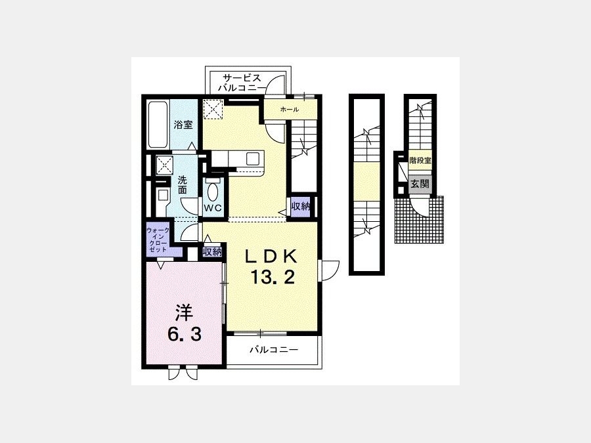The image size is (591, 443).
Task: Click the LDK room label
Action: [x=271, y=257]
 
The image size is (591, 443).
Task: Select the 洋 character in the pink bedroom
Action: [x=184, y=312]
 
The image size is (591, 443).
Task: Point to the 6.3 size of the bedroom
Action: [x=185, y=334]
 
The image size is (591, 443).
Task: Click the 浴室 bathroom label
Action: [x=184, y=125]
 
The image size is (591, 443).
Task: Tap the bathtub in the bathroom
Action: [x=158, y=124]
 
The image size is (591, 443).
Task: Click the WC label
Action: [x=213, y=208]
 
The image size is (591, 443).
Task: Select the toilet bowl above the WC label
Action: [x=213, y=192]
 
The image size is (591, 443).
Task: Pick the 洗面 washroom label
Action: [x=183, y=184]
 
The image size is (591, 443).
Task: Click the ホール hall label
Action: [x=290, y=110]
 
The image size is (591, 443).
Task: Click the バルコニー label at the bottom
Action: [x=274, y=350]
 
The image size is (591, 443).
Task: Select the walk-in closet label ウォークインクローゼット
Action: [x=158, y=240]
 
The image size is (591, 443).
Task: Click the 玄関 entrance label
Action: [x=420, y=184]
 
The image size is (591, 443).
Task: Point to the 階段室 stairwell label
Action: [x=420, y=160]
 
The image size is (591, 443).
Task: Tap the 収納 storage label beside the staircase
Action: [x=300, y=207]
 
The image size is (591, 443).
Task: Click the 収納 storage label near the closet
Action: [x=212, y=251]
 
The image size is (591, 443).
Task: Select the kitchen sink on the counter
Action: [x=253, y=158]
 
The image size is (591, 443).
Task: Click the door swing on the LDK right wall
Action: [x=329, y=270]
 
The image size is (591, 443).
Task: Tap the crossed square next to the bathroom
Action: [x=213, y=108]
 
